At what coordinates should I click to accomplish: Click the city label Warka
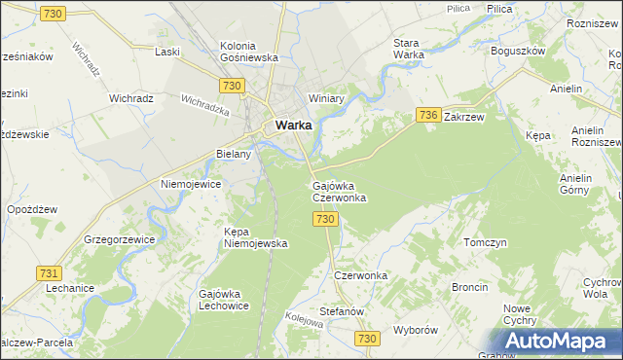pyautogui.click(x=293, y=125)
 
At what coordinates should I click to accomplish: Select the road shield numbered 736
pyautogui.click(x=429, y=115)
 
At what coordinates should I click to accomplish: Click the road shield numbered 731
pyautogui.click(x=48, y=274)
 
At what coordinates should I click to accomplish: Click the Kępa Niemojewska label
pyautogui.click(x=256, y=237)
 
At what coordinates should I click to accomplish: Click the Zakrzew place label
pyautogui.click(x=463, y=116)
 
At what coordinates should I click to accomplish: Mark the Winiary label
pyautogui.click(x=327, y=99)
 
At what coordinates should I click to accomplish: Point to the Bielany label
pyautogui.click(x=234, y=154)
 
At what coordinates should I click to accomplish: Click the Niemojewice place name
pyautogui.click(x=192, y=184)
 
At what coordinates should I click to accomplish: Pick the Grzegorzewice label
pyautogui.click(x=122, y=238)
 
